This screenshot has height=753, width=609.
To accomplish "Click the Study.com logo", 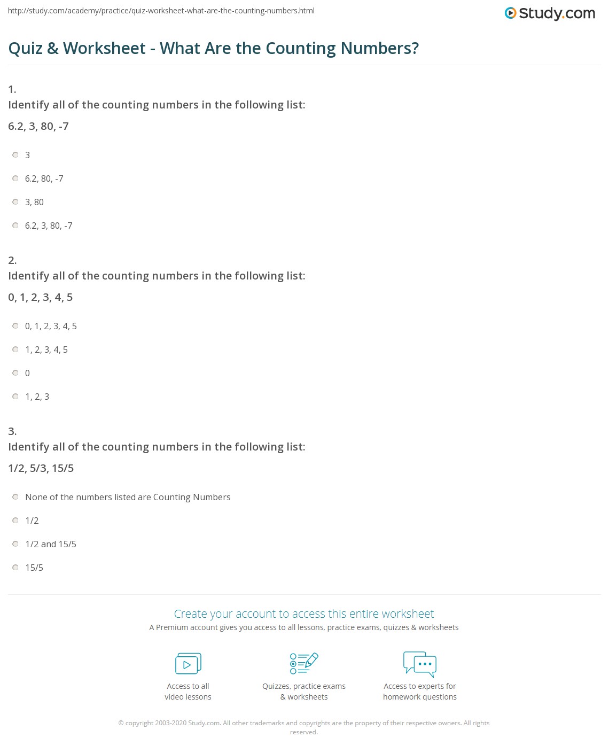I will tap(550, 13).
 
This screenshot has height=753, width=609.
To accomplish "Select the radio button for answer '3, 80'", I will tap(15, 202).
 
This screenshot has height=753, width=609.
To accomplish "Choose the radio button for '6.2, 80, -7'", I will tap(15, 178).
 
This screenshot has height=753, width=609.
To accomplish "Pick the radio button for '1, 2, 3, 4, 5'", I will tap(15, 350).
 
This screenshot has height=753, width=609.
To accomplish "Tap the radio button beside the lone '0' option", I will tap(15, 373).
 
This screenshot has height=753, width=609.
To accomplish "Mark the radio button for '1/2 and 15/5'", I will tap(15, 544).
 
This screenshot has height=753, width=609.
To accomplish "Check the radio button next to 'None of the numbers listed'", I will tap(15, 497).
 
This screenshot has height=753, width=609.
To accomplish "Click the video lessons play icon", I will tap(188, 664).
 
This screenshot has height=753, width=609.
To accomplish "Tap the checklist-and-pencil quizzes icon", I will tap(304, 663).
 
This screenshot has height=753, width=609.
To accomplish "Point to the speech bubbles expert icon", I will tap(420, 664).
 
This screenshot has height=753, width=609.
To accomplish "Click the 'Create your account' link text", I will tap(303, 614).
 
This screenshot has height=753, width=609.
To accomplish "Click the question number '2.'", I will tap(12, 260).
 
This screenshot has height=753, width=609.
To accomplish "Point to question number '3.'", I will tap(12, 431).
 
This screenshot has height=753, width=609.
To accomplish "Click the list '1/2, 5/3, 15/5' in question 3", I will tap(41, 469).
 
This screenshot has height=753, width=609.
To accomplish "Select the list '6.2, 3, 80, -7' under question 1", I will tap(38, 127).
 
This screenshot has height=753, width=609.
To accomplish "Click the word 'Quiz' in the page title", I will tap(25, 49).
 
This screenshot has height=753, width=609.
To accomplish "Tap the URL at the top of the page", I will tap(161, 11).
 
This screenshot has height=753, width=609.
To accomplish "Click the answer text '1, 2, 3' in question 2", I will tap(37, 397).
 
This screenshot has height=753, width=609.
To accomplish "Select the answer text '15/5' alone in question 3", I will tap(34, 568).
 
